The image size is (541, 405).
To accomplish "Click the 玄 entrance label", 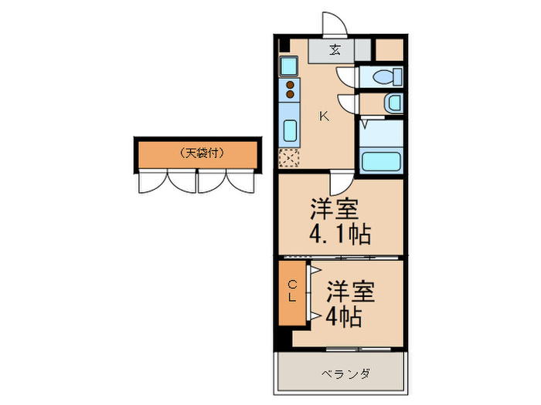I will [x=335, y=51].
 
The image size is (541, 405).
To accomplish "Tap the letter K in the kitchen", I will [x=325, y=116].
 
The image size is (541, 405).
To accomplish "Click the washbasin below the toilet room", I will [x=392, y=103].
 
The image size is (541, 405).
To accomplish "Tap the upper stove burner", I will [x=291, y=85].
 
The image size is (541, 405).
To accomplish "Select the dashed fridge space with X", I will [x=291, y=159].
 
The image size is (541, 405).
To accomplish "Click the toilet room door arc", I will [x=345, y=77].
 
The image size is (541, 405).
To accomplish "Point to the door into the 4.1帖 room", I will [x=340, y=185].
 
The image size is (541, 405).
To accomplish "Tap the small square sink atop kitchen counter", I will [x=288, y=65].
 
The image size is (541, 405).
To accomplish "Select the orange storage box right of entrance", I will [x=389, y=49].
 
